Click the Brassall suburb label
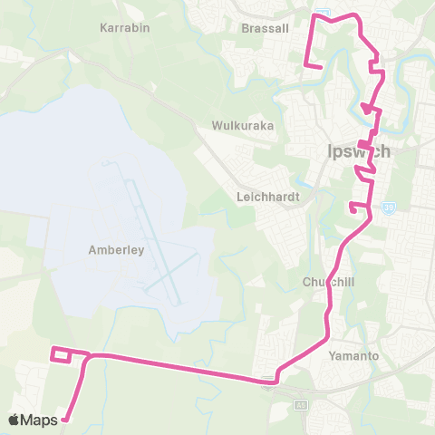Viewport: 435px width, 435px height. point(266,28)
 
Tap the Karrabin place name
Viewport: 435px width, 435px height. point(124,28)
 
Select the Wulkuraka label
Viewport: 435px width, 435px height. point(242,126)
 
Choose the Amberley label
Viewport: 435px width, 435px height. point(117,250)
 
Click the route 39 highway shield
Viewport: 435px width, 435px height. point(386,207)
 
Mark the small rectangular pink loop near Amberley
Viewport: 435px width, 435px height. point(62,354)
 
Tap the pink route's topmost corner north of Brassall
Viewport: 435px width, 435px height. point(316,14)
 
